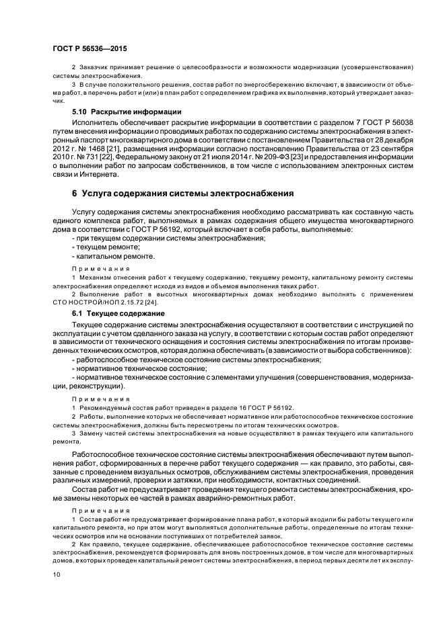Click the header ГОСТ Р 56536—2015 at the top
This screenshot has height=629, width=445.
click(89, 49)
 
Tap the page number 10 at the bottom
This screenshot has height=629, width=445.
click(57, 574)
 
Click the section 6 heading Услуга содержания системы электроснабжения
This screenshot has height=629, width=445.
click(182, 194)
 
